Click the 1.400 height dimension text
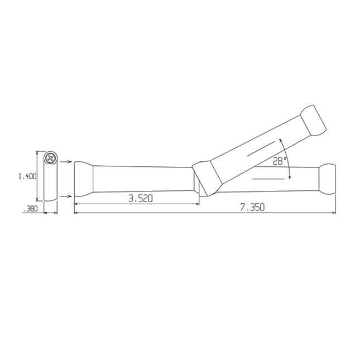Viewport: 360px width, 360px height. [27, 176]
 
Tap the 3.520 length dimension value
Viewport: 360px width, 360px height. [140, 198]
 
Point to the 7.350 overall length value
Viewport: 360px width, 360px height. [252, 207]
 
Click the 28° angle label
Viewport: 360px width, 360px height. [280, 161]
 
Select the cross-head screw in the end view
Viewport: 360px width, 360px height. [51, 158]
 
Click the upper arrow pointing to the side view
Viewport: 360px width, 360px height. [65, 162]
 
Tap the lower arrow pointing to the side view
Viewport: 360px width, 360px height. [65, 196]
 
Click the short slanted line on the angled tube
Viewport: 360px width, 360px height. [262, 147]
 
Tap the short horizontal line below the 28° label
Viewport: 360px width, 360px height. [268, 179]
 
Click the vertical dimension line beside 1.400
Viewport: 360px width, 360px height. [37, 176]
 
